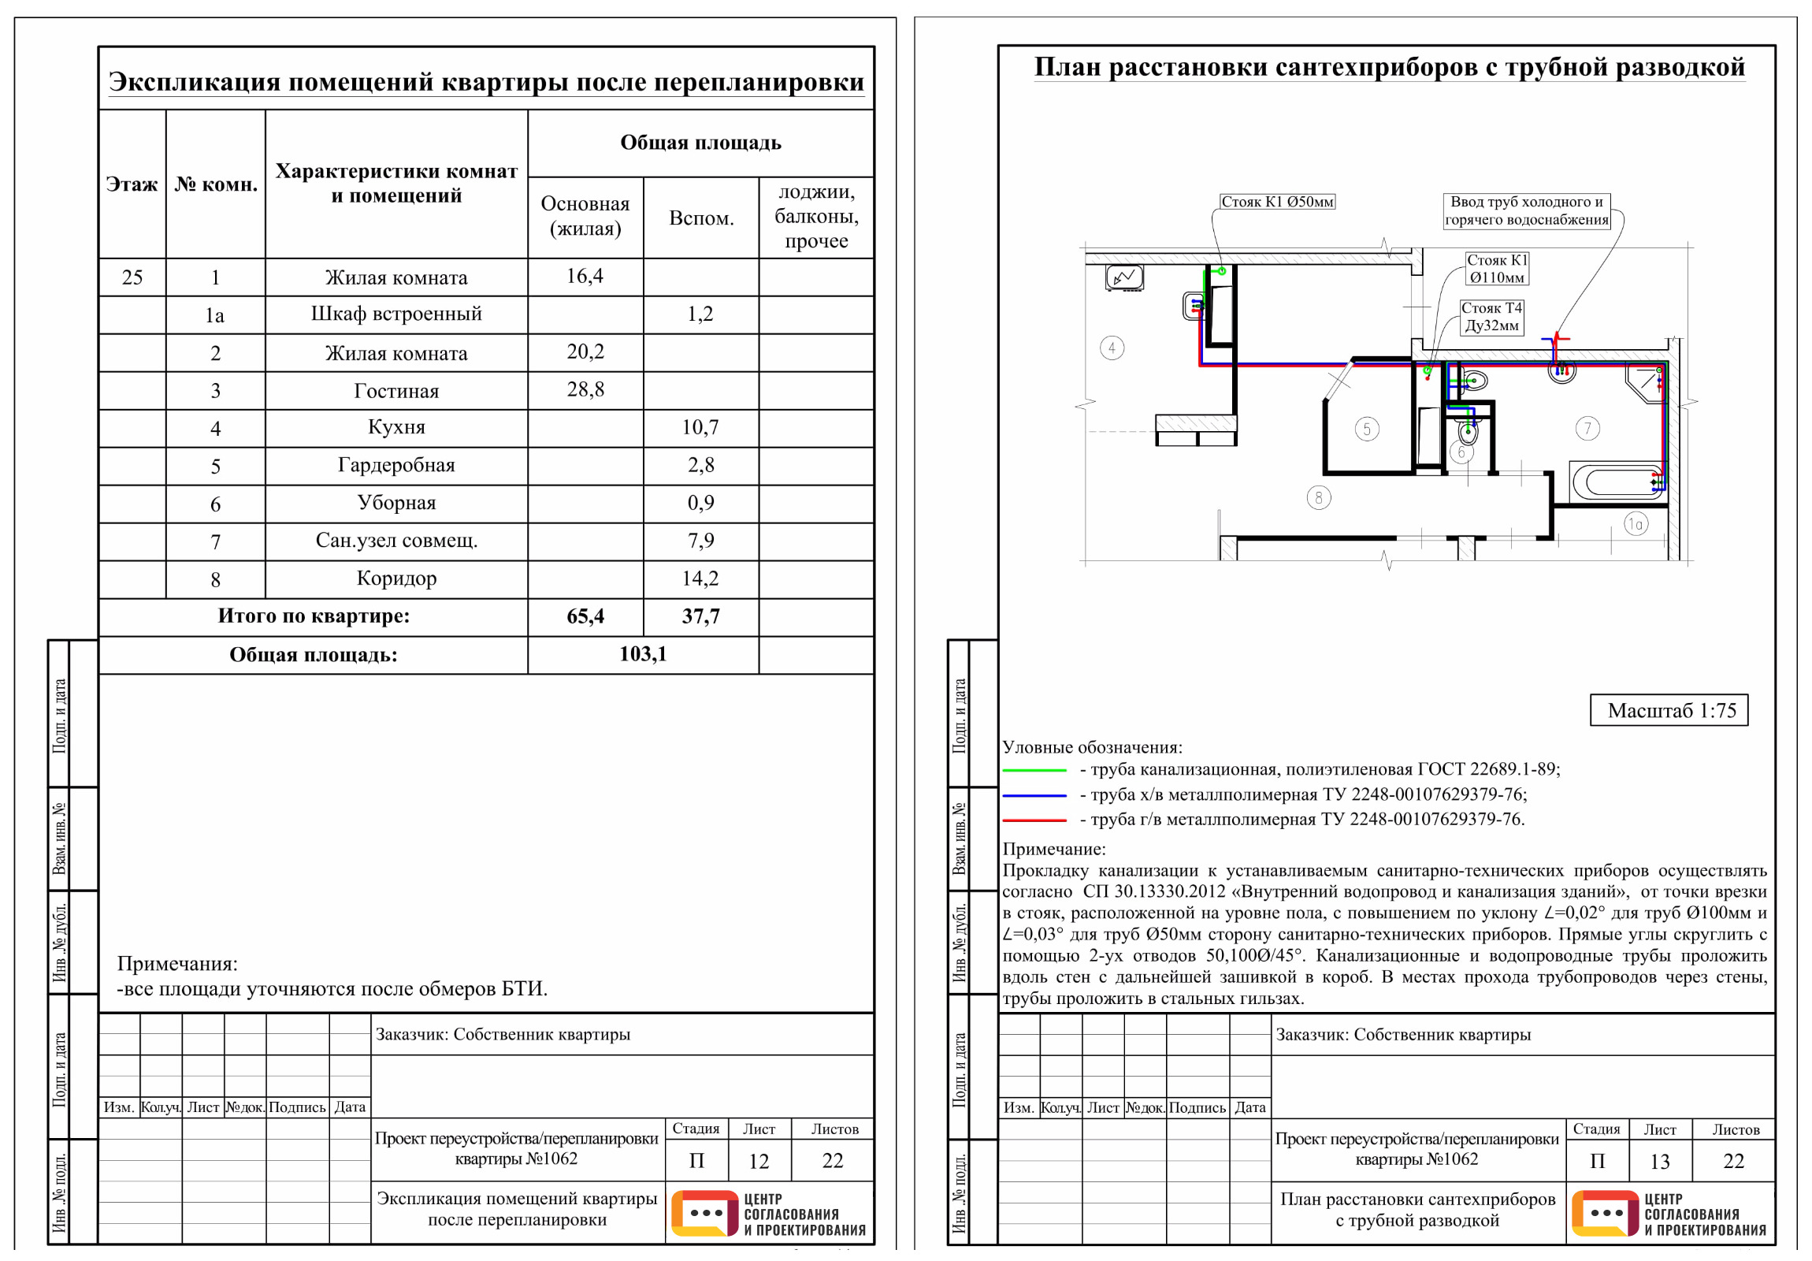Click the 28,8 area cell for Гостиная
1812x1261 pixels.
[x=585, y=389]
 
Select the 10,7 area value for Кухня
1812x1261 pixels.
[x=700, y=427]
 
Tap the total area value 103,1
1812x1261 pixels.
[x=642, y=654]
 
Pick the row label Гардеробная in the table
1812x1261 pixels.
[x=396, y=465]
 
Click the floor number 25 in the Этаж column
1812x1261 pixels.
[x=132, y=277]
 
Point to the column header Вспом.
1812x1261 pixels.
[x=701, y=218]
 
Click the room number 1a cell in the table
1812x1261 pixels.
[x=214, y=316]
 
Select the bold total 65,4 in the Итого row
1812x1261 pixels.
[x=585, y=616]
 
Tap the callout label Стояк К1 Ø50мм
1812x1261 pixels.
[x=1277, y=201]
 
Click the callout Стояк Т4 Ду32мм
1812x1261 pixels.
[x=1491, y=317]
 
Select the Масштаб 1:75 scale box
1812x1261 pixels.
[x=1669, y=710]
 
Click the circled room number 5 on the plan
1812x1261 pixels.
[x=1367, y=429]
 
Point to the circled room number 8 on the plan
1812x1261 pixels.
[x=1318, y=497]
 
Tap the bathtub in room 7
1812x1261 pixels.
[x=1617, y=481]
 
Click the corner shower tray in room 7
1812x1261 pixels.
[x=1644, y=383]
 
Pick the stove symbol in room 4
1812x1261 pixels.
[x=1123, y=277]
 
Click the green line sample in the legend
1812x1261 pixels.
[x=1034, y=770]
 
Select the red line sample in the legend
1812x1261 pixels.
[x=1034, y=820]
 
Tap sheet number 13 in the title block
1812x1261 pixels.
[x=1660, y=1162]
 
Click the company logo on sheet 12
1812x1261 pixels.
[x=769, y=1214]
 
